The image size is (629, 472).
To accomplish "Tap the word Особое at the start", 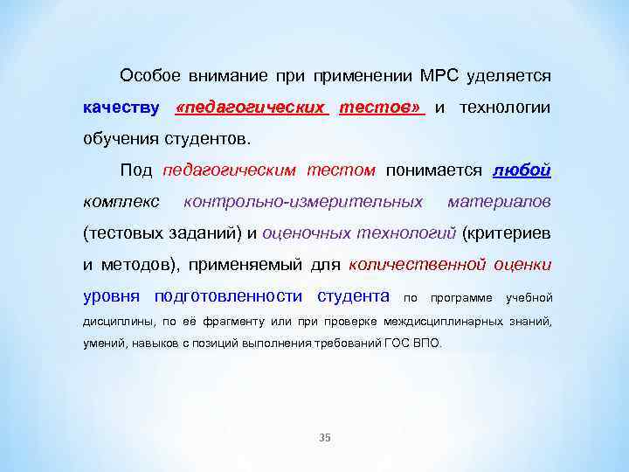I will coord(149,76).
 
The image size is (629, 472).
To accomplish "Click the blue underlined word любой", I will coord(522,170).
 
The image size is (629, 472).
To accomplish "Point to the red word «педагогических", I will coord(251,108).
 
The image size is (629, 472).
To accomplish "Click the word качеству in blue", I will coord(121,108).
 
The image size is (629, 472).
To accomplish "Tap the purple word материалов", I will coord(499,202).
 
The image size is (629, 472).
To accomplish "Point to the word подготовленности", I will coord(228,296).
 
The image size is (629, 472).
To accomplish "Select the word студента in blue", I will coord(353,296).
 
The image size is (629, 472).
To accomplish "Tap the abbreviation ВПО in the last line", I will coord(427,344).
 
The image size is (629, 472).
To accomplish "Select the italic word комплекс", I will coord(121,202).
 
